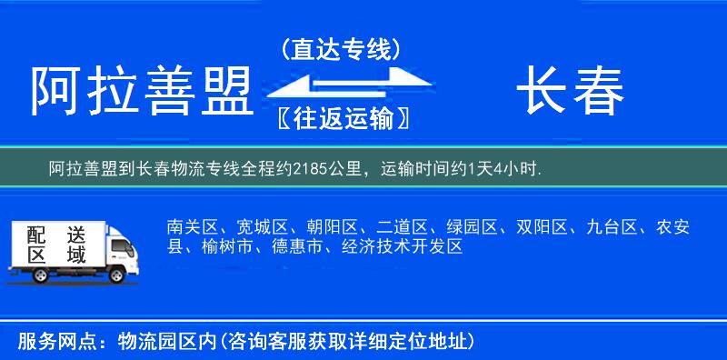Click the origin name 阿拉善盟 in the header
click(141, 91)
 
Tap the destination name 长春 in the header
click(570, 91)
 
